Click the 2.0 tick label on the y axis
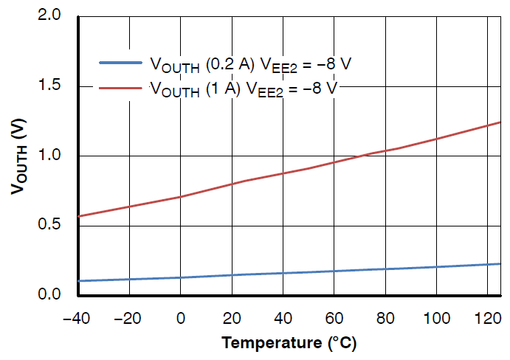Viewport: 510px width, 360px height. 54,16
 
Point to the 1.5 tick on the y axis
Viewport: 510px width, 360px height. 54,86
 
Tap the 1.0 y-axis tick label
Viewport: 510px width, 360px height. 54,156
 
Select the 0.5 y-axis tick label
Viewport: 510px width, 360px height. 54,226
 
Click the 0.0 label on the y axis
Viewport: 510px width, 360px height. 54,295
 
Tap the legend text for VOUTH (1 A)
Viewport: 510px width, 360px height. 244,89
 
